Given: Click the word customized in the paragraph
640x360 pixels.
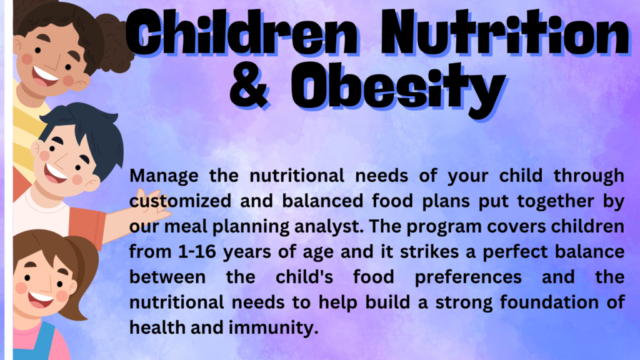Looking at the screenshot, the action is (x=181, y=201).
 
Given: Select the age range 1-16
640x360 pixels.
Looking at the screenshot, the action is (x=197, y=251).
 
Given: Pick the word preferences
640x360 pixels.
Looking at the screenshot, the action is (x=468, y=277).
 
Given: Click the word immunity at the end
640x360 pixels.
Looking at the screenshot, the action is (x=273, y=328).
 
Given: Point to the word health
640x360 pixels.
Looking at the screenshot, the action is (x=157, y=327).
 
